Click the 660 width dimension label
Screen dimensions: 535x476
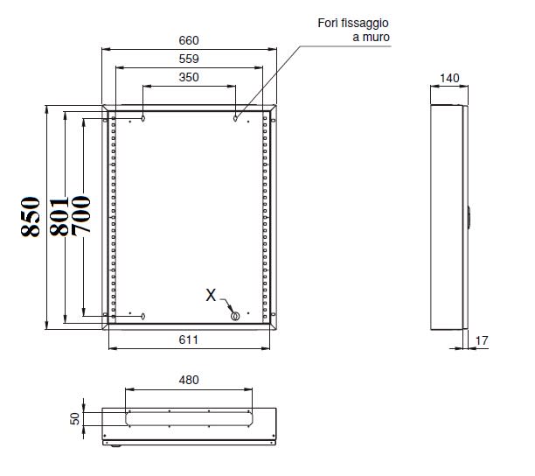tap(189, 40)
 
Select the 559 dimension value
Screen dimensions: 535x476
tap(189, 59)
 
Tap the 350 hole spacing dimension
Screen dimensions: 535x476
tap(189, 77)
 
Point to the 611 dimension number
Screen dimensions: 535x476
tap(188, 339)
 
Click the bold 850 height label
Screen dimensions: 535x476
tap(31, 217)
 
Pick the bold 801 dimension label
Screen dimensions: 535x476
tap(59, 216)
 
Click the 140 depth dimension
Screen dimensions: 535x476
tap(449, 78)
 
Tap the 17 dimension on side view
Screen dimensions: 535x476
tap(482, 340)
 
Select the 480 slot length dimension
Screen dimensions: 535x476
tap(189, 380)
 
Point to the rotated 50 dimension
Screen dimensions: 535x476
tap(74, 418)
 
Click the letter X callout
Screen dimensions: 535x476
tap(211, 295)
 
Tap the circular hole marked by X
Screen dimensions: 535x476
tap(235, 316)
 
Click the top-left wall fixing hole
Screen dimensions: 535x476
tap(143, 118)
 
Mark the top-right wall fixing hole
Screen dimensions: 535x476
tap(235, 118)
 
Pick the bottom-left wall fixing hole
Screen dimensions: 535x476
tap(143, 316)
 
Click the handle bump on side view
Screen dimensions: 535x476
tap(469, 217)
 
